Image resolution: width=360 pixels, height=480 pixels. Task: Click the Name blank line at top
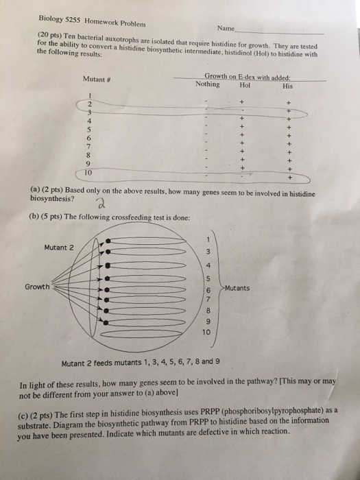[x=279, y=32]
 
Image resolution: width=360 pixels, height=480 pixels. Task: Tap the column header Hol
[x=245, y=86]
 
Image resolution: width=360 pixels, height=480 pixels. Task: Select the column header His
[x=288, y=86]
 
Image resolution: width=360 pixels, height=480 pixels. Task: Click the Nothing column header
[x=208, y=84]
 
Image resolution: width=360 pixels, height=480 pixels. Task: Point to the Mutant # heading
[x=97, y=80]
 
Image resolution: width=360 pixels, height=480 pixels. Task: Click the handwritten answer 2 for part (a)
[x=100, y=204]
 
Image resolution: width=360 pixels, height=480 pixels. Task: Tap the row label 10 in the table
[x=88, y=173]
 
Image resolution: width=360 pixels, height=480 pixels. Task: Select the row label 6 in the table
[x=89, y=139]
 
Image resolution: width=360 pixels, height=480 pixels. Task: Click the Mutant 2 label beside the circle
[x=59, y=248]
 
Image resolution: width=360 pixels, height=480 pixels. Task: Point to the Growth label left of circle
[x=37, y=287]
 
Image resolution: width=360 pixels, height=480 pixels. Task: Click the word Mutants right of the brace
[x=237, y=288]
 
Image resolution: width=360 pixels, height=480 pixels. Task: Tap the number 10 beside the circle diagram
[x=206, y=332]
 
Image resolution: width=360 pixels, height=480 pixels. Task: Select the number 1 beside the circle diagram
[x=208, y=240]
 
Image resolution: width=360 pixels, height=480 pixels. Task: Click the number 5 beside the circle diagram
[x=208, y=279]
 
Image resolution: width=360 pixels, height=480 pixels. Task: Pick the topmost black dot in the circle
[x=108, y=241]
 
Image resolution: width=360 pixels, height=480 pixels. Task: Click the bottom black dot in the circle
[x=106, y=322]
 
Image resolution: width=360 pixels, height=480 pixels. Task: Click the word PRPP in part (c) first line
[x=209, y=411]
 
